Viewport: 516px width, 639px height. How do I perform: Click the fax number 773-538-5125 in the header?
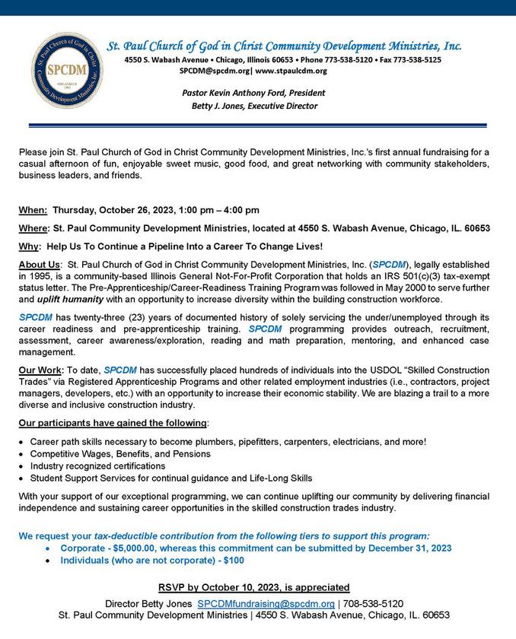click(412, 59)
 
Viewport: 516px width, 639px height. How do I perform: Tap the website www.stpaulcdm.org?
click(291, 71)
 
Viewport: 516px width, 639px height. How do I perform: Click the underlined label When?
click(33, 210)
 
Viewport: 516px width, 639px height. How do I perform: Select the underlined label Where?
click(34, 228)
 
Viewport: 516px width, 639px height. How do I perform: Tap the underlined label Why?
click(30, 246)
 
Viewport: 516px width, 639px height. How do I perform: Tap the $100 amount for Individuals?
click(234, 560)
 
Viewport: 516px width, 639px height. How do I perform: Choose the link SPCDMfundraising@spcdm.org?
click(266, 602)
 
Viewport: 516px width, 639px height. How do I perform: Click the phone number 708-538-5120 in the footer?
click(375, 602)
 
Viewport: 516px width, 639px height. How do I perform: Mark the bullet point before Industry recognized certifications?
click(22, 466)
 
